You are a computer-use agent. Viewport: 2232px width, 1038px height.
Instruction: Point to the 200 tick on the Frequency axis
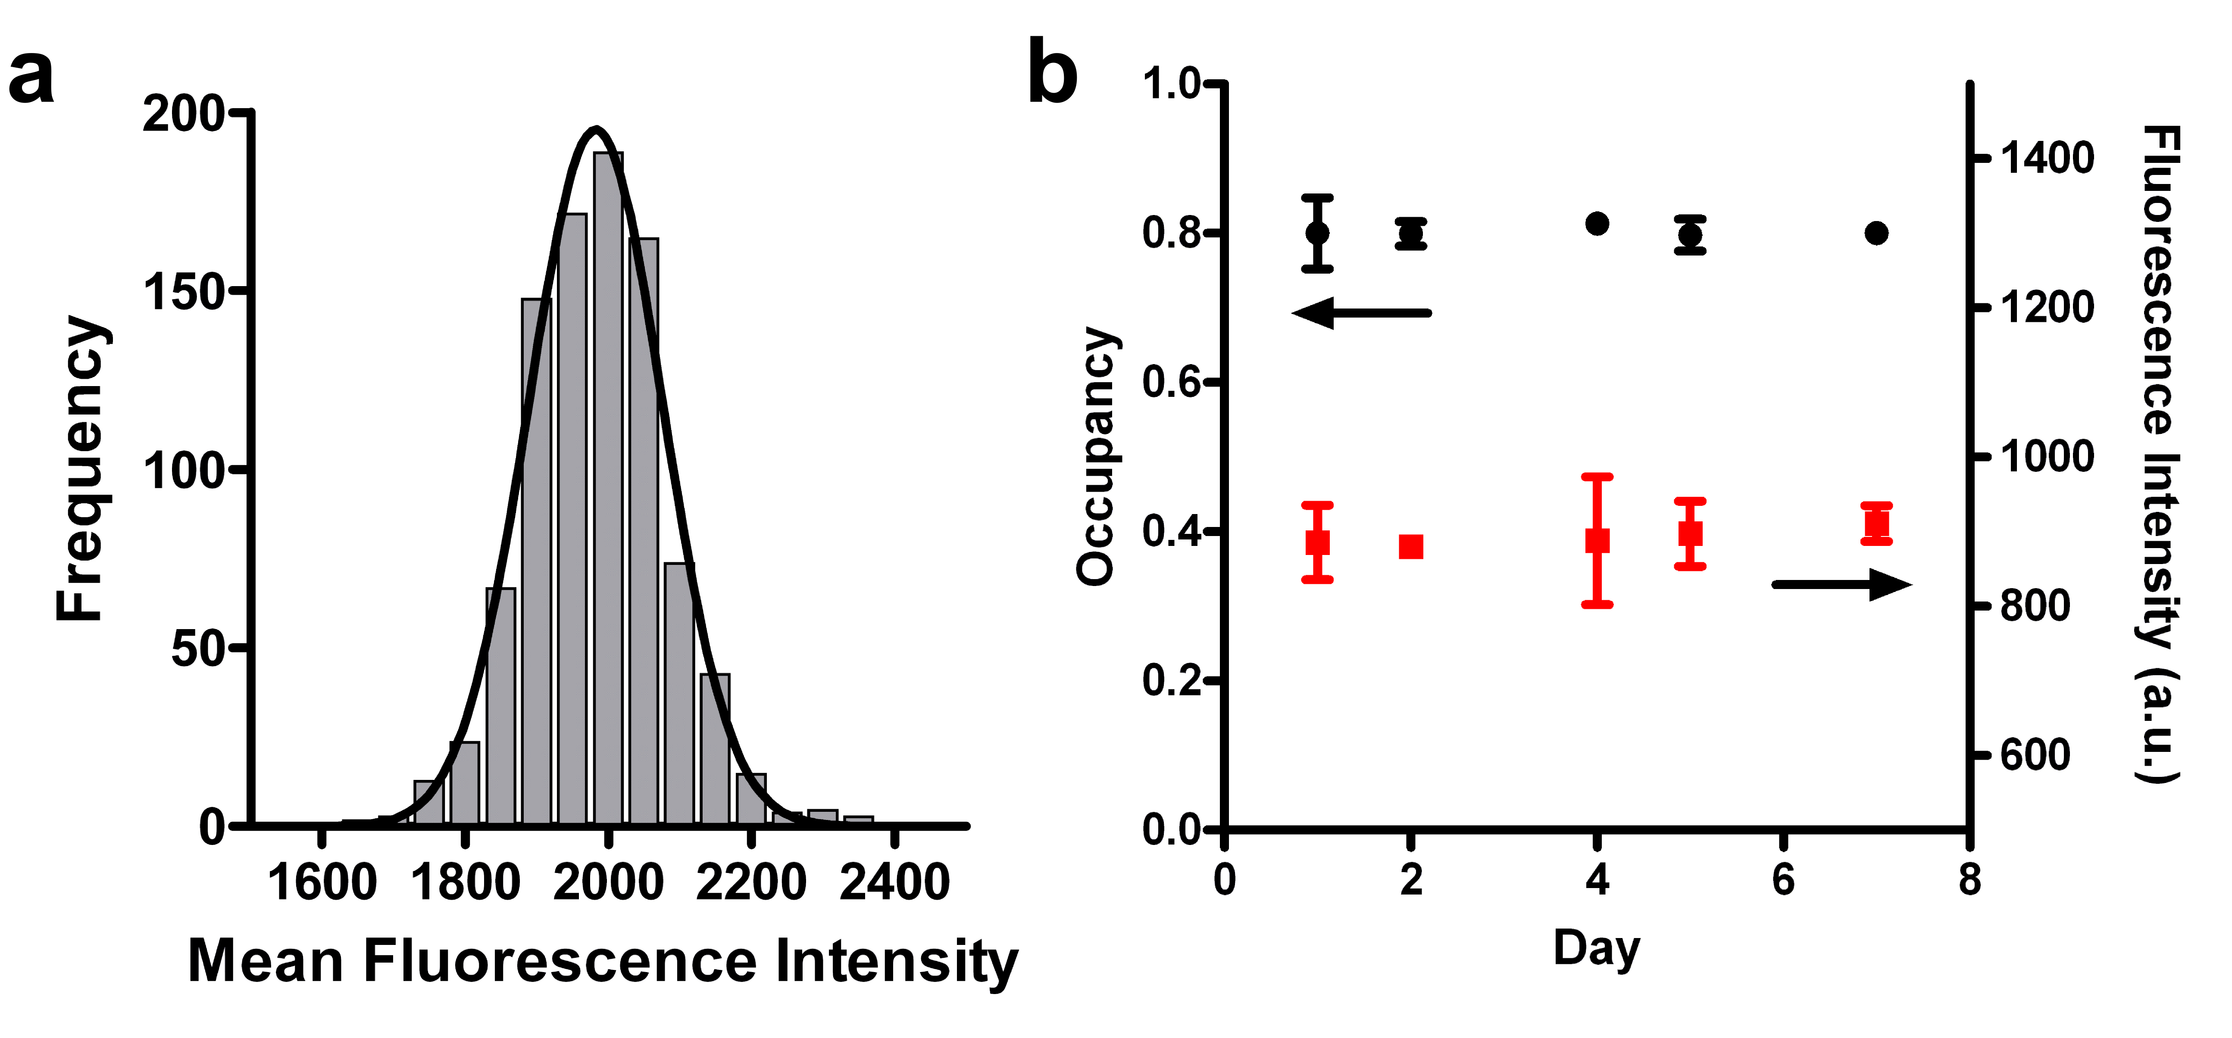coord(241,112)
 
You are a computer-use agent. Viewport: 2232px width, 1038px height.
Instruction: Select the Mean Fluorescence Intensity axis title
coord(602,962)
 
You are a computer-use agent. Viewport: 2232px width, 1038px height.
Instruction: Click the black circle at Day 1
coord(1317,233)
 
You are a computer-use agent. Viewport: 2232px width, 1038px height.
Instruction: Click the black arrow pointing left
coord(1360,312)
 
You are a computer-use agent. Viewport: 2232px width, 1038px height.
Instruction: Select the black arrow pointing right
coord(1841,585)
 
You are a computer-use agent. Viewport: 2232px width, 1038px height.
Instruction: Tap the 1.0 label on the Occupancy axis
coord(1170,84)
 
